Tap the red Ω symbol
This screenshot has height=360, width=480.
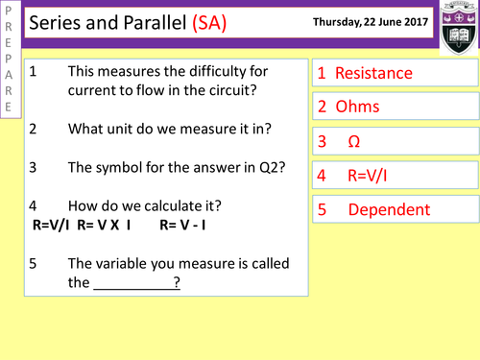point(353,141)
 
